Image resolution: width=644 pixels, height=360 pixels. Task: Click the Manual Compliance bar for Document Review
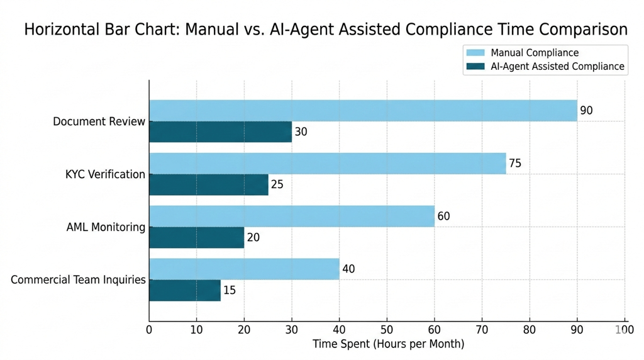tap(363, 111)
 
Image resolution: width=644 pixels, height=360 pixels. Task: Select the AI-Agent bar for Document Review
tap(220, 132)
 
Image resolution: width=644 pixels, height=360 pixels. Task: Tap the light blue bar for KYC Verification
tap(327, 164)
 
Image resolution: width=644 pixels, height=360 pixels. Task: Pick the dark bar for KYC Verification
tap(208, 184)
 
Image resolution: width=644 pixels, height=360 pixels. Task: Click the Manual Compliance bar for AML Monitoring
tap(291, 217)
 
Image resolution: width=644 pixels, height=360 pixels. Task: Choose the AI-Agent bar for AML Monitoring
tap(196, 237)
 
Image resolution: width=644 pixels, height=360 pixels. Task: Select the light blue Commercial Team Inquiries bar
tap(244, 269)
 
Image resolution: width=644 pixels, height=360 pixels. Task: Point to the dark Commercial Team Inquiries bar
tap(185, 290)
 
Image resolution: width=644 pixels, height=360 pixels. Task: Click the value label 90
tap(586, 111)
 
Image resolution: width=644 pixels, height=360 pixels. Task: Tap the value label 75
tap(515, 164)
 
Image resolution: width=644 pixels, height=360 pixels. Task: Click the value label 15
tap(230, 291)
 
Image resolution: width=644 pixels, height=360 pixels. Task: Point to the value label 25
tap(277, 185)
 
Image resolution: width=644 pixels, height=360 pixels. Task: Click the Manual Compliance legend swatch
tap(475, 53)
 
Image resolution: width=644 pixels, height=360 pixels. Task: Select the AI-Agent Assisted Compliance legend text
tap(557, 67)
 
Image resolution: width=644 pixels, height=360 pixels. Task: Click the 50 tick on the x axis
tap(387, 329)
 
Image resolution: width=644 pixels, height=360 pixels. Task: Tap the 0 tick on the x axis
tap(149, 329)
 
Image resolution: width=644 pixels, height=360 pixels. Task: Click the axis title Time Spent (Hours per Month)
tap(388, 344)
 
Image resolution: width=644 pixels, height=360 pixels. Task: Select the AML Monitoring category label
tap(106, 227)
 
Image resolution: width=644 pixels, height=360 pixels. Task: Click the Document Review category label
tap(99, 121)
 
